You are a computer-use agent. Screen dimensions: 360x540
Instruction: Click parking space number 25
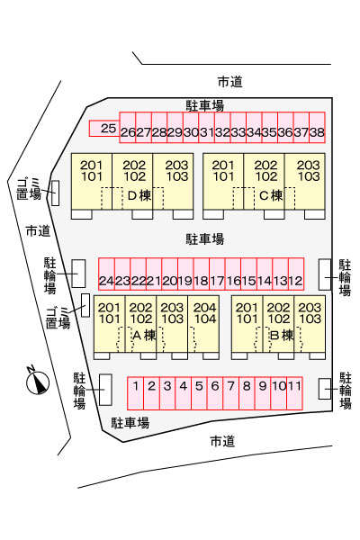[x=104, y=129]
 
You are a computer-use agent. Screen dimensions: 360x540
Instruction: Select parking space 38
[x=317, y=128]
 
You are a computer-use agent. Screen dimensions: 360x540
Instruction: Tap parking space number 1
[x=135, y=393]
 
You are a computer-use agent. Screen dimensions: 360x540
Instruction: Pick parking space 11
[x=294, y=393]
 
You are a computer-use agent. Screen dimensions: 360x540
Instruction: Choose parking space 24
[x=106, y=274]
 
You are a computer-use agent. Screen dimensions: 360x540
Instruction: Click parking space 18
[x=202, y=274]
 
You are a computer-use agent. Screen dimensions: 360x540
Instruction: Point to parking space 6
[x=215, y=393]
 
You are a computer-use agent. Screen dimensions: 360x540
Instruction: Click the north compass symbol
[x=38, y=382]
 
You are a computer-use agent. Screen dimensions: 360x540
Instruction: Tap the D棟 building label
[x=139, y=195]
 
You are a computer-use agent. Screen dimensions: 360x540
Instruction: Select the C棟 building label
[x=271, y=195]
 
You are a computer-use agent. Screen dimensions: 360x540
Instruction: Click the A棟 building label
[x=144, y=335]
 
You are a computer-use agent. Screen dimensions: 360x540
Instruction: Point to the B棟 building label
[x=282, y=335]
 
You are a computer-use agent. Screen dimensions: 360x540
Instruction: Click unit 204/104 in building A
[x=203, y=324]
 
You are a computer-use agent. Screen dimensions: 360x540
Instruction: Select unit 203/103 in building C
[x=305, y=181]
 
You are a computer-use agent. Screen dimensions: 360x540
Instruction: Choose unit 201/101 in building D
[x=92, y=181]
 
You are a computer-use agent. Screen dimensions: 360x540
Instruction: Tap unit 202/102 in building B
[x=278, y=324]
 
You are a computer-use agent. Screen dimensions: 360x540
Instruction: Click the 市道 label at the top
[x=230, y=82]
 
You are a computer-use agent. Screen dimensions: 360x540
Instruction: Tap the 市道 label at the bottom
[x=222, y=441]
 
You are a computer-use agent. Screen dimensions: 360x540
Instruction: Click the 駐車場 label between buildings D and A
[x=205, y=238]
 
